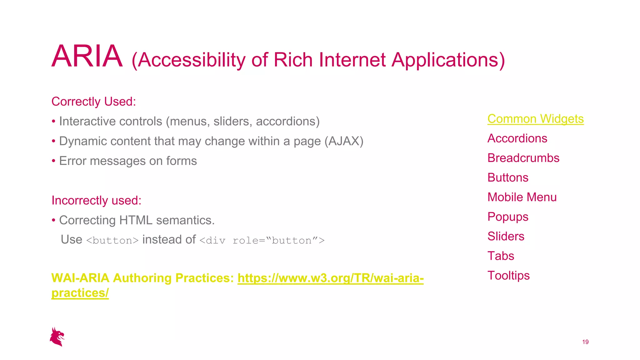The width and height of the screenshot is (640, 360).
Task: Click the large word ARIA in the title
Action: (87, 56)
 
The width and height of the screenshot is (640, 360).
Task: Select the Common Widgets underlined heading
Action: (535, 119)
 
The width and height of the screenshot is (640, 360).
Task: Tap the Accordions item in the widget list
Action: (517, 138)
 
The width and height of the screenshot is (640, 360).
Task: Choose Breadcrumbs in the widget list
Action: (523, 158)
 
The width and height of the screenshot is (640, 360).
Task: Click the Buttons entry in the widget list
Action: (508, 178)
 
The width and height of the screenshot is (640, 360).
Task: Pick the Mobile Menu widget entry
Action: (522, 197)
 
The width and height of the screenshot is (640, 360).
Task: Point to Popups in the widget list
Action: (508, 217)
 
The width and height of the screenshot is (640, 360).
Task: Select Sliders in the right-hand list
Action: (506, 237)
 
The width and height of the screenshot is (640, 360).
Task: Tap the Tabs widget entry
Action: (501, 256)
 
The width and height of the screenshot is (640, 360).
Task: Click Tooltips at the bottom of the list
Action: (508, 276)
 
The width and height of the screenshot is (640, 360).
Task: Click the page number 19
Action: (585, 342)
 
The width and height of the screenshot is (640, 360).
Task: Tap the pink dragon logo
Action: (57, 337)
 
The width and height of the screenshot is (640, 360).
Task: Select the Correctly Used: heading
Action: (94, 102)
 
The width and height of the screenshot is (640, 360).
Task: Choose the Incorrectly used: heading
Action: (96, 201)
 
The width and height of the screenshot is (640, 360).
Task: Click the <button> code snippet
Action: (112, 240)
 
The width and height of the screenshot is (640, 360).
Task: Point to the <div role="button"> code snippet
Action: (262, 240)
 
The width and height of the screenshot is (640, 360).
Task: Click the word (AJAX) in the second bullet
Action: (344, 141)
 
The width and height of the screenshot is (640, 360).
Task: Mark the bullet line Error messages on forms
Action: (128, 161)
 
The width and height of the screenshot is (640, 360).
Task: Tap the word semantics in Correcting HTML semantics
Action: (185, 220)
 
